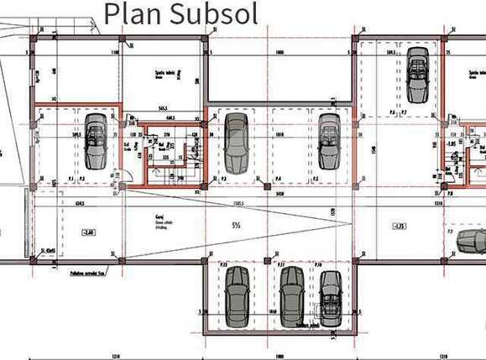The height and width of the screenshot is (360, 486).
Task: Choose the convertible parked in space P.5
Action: pyautogui.click(x=328, y=141)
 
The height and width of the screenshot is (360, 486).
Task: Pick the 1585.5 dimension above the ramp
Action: pyautogui.click(x=238, y=202)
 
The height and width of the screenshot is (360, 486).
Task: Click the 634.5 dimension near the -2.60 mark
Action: pyautogui.click(x=80, y=202)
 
